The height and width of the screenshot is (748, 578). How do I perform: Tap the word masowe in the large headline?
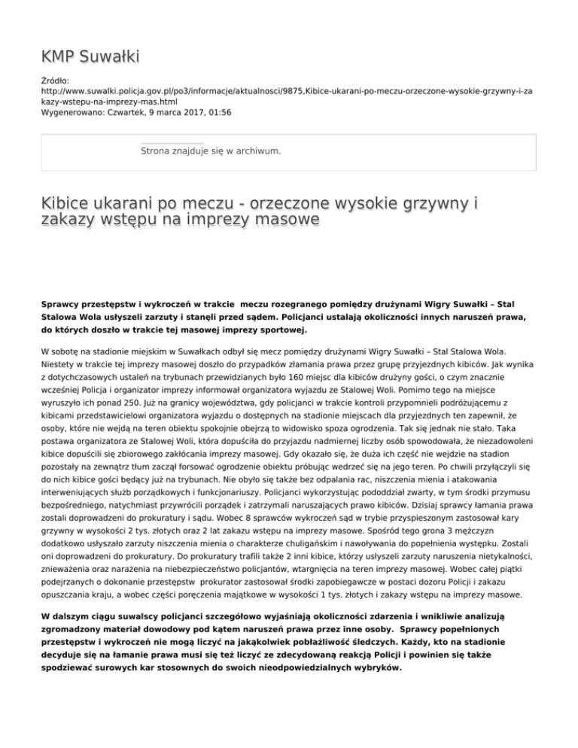pyautogui.click(x=280, y=219)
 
